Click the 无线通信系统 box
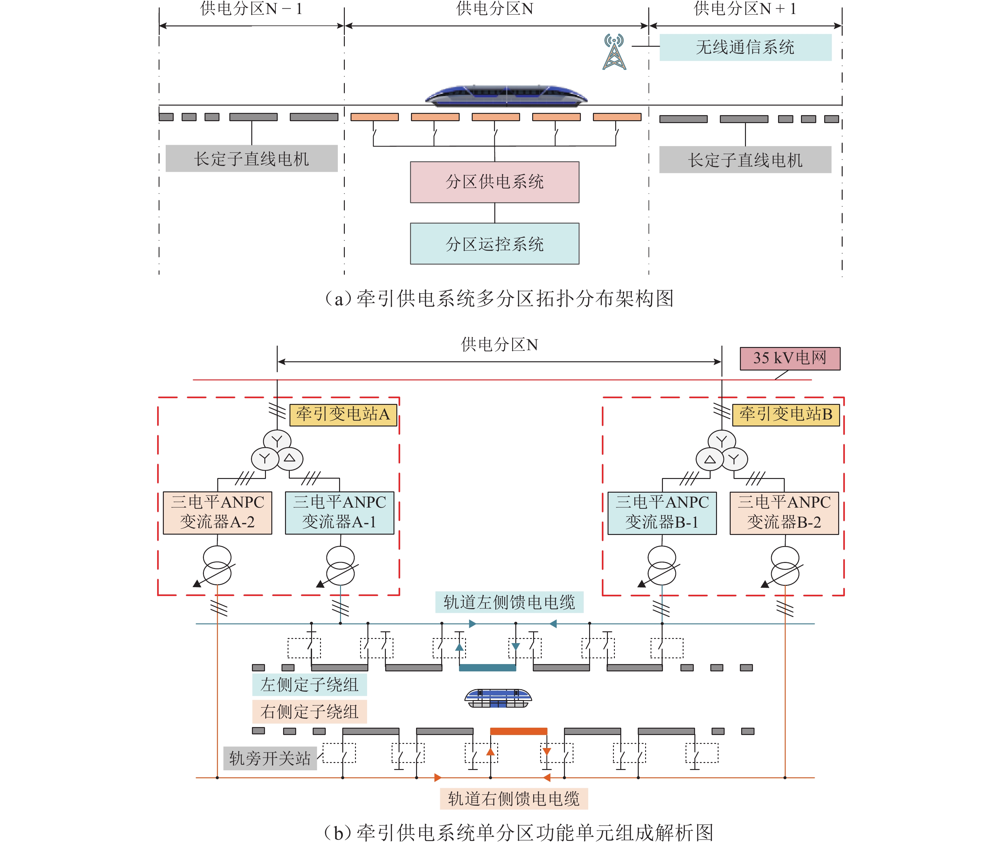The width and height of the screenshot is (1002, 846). coord(745,47)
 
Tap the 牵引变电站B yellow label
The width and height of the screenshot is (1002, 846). coord(786,414)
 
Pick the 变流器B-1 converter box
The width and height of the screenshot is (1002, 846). coord(662,512)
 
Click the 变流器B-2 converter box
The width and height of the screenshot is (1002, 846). coord(784,512)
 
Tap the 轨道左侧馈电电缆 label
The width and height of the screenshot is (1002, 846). coord(509,602)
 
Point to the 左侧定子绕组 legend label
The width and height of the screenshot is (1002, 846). coord(310,684)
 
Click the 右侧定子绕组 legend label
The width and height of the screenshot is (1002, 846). coord(310,711)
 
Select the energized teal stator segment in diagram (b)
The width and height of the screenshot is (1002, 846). coord(487,668)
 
